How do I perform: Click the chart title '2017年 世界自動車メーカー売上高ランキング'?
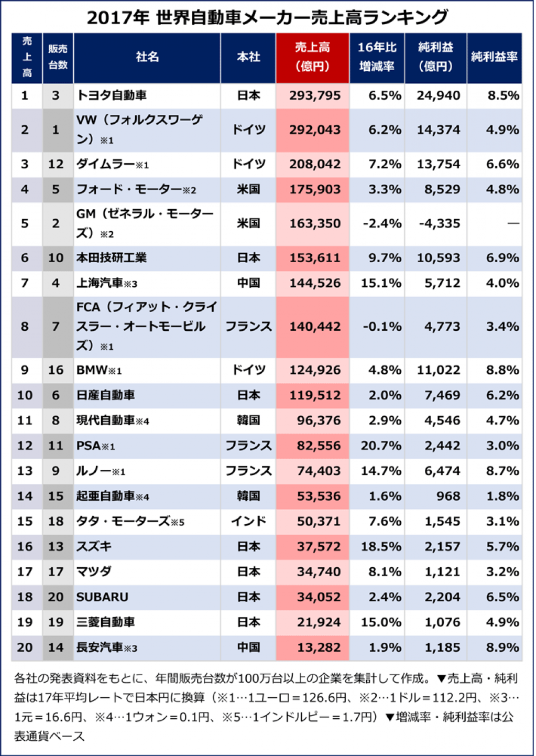(x=267, y=17)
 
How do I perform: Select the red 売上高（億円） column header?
(x=312, y=57)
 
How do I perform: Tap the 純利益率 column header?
(x=494, y=57)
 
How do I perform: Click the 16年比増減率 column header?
(x=377, y=57)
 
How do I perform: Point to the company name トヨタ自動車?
(x=112, y=95)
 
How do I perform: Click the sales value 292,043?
(x=315, y=129)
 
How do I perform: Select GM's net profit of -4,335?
(x=439, y=223)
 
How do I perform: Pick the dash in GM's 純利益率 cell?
(x=513, y=223)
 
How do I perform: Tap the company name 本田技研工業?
(x=112, y=258)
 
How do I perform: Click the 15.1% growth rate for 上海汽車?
(x=381, y=283)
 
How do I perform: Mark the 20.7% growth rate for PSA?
(x=381, y=446)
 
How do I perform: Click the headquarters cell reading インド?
(x=248, y=521)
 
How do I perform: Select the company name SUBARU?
(x=102, y=597)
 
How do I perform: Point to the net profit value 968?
(x=448, y=496)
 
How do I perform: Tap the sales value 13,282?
(x=319, y=647)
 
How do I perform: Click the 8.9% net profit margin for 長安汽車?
(x=502, y=647)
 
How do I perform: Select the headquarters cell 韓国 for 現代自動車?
(x=248, y=420)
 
